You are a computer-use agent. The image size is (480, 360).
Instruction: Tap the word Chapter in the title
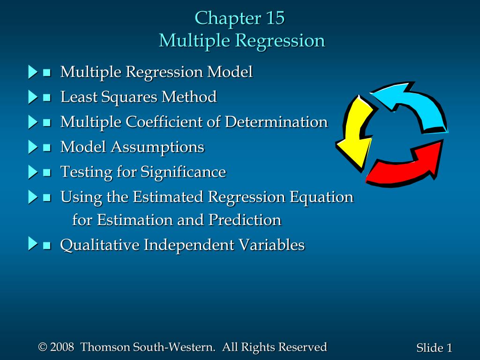click(228, 18)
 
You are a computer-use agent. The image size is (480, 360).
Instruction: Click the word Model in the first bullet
click(230, 72)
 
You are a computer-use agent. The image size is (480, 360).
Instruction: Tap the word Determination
click(276, 122)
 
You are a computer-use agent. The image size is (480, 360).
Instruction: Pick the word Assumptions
click(157, 147)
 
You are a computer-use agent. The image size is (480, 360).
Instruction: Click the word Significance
click(183, 172)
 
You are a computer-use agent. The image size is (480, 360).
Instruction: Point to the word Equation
click(322, 197)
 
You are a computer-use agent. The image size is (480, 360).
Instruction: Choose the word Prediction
click(245, 220)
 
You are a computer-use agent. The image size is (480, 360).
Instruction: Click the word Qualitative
click(99, 245)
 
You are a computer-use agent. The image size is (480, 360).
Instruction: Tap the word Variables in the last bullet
click(271, 245)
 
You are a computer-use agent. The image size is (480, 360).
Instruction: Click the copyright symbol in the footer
click(43, 347)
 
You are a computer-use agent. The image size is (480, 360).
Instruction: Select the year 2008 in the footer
click(62, 347)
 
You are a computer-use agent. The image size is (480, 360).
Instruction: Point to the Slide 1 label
click(434, 348)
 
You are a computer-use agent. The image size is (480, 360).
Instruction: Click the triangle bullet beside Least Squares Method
click(32, 97)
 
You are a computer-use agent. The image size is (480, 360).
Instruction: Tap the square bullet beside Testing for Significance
click(47, 172)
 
